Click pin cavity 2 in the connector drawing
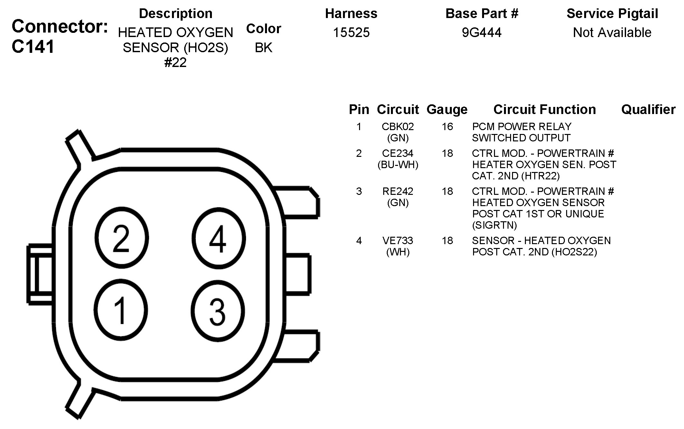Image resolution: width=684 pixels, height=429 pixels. tap(121, 238)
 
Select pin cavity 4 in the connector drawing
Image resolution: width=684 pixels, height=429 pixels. tap(218, 238)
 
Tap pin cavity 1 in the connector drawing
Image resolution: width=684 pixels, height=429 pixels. tap(121, 310)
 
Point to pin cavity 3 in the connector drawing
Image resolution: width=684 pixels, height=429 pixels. tap(218, 311)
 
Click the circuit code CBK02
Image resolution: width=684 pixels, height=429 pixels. tap(398, 127)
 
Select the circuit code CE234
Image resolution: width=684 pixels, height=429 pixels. tap(398, 153)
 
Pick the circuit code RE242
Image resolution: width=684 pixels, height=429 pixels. tap(398, 191)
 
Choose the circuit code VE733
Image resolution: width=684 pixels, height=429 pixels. tap(398, 241)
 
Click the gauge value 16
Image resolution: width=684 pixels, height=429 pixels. tap(447, 127)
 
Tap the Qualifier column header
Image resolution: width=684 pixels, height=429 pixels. tap(648, 110)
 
